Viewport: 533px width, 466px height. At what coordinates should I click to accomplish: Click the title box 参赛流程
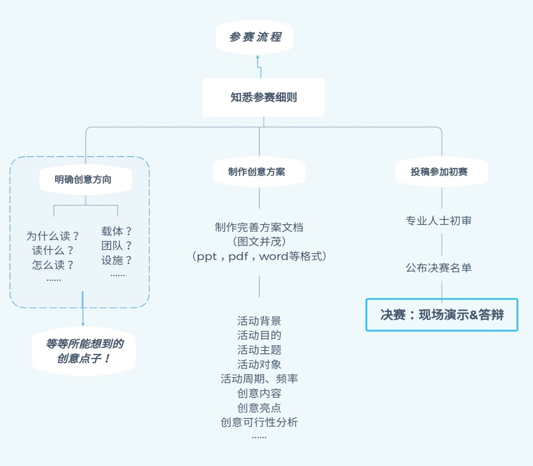coord(254,37)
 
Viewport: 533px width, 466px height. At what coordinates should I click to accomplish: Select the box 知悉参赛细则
coord(264,97)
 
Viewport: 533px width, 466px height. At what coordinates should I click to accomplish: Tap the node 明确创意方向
coord(83,179)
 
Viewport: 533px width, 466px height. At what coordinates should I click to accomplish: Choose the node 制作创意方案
coord(257,172)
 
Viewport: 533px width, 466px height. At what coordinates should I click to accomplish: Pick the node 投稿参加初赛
coord(439,172)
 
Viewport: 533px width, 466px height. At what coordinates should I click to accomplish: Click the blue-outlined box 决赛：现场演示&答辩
coord(442,315)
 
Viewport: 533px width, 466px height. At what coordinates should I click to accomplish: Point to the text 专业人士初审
coord(439,221)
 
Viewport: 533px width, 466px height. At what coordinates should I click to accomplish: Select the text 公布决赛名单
coord(439,268)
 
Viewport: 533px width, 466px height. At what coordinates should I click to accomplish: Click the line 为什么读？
coord(52,236)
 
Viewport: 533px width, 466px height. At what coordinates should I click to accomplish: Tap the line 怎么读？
coord(52,265)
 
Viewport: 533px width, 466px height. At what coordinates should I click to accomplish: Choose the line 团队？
coord(116,245)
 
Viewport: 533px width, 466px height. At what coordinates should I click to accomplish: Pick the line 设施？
coord(116,260)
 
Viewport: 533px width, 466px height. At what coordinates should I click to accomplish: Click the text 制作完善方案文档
coord(259,227)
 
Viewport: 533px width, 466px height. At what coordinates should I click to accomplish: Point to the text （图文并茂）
coord(259,242)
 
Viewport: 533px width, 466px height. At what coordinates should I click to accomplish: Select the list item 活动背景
coord(259,321)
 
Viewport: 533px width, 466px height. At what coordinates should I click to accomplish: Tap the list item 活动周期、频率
coord(259,379)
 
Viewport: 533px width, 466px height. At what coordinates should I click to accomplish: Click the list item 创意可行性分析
coord(259,422)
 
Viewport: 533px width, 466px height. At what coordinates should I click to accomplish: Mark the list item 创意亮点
coord(259,408)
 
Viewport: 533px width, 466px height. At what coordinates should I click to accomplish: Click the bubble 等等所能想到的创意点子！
coord(84,351)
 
